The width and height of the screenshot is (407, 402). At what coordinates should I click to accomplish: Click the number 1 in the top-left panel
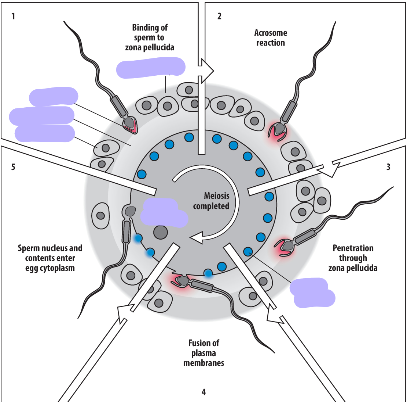[x=13, y=16]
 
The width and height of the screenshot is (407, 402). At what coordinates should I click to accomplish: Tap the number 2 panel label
[x=219, y=16]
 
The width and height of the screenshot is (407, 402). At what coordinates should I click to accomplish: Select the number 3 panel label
[x=388, y=167]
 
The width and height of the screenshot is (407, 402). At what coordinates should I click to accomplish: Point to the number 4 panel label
[x=203, y=392]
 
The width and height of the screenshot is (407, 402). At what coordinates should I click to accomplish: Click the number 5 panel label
[x=13, y=167]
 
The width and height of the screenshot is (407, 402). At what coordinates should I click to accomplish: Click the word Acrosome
[x=271, y=33]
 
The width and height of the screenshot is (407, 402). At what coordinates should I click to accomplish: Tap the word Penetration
[x=353, y=248]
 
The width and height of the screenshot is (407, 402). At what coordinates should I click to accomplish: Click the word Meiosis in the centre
[x=216, y=196]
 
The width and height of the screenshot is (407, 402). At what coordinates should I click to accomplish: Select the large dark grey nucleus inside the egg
[x=160, y=233]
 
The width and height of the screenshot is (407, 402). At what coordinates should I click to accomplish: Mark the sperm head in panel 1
[x=129, y=123]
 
